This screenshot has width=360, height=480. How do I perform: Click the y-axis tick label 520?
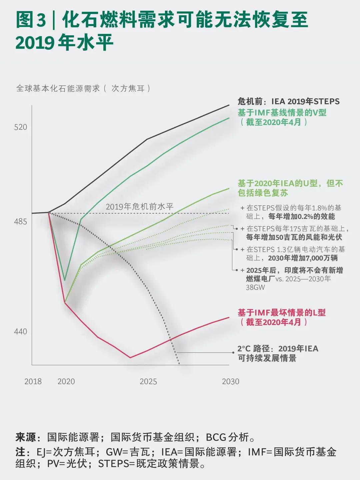coord(21,127)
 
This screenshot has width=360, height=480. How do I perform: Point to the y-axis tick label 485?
coord(21,222)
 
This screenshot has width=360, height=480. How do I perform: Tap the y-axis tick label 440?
coord(21,332)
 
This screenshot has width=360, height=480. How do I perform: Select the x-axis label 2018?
coord(33,382)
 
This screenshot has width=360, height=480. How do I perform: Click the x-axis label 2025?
coord(148,382)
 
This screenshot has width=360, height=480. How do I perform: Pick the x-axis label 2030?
coord(231,382)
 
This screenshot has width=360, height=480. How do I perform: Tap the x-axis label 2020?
coord(66,382)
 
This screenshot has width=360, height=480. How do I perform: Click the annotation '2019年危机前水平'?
coord(140,207)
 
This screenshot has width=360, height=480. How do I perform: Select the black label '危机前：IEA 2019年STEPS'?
coord(288,102)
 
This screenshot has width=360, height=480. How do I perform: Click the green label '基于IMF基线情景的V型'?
coord(282,113)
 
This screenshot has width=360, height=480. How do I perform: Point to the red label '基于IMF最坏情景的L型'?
coord(282,313)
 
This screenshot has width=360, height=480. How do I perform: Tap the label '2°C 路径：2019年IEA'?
coord(278,349)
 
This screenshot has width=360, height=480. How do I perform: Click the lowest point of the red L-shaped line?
coord(130,358)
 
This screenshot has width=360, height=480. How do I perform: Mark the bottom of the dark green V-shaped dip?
coord(65,280)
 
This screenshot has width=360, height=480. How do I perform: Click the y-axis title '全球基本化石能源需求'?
coord(58,88)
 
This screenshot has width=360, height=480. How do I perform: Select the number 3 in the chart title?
coord(41,20)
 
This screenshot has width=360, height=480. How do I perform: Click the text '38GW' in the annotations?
coord(255,287)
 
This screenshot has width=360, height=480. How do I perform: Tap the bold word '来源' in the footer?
coord(25,437)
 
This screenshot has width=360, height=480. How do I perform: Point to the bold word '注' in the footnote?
coord(20,452)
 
